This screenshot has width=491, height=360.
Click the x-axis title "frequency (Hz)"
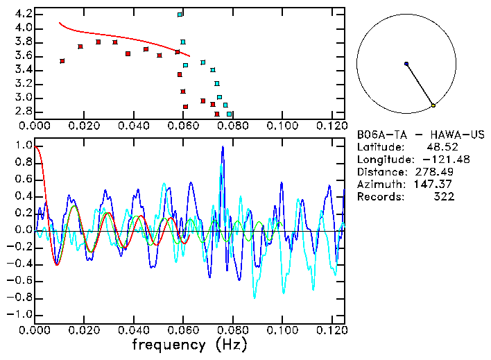pos(189,345)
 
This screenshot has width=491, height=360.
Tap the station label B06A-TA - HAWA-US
pos(420,134)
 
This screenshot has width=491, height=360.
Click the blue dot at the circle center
pos(406,64)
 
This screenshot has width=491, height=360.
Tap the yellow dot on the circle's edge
pos(433,105)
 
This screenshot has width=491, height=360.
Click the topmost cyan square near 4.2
pos(180,15)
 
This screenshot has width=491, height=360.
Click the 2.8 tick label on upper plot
pos(23,112)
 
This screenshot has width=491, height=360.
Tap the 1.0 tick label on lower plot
pos(23,146)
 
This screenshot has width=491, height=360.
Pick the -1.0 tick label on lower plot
pos(21,314)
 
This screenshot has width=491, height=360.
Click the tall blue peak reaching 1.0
pos(223,147)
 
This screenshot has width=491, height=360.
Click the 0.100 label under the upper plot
pos(282,126)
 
